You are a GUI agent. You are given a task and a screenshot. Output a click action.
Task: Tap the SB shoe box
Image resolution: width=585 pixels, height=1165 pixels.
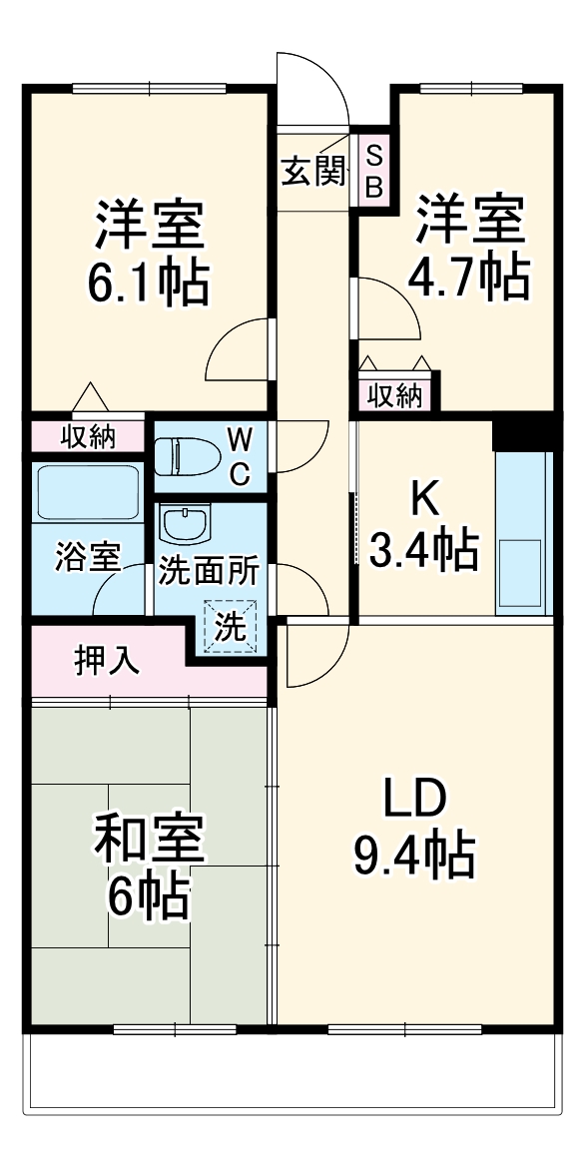pyautogui.click(x=375, y=171)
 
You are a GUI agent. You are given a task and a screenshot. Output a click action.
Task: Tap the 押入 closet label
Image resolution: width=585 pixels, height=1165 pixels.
pyautogui.click(x=107, y=661)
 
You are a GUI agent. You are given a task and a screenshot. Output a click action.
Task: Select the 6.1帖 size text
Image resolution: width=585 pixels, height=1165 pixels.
pyautogui.click(x=149, y=282)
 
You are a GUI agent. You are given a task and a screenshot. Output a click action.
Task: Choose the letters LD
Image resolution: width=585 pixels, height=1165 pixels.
pyautogui.click(x=414, y=802)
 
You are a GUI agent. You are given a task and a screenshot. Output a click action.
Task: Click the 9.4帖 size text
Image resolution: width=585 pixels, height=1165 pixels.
pyautogui.click(x=413, y=856)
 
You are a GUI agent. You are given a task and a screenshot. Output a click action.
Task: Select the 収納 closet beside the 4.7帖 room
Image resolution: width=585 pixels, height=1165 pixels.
pyautogui.click(x=396, y=396)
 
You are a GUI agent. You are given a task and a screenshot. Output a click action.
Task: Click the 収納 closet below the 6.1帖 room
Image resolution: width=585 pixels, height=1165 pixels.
pyautogui.click(x=88, y=437)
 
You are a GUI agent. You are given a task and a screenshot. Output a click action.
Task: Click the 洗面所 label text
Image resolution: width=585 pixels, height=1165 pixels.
pyautogui.click(x=209, y=572)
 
